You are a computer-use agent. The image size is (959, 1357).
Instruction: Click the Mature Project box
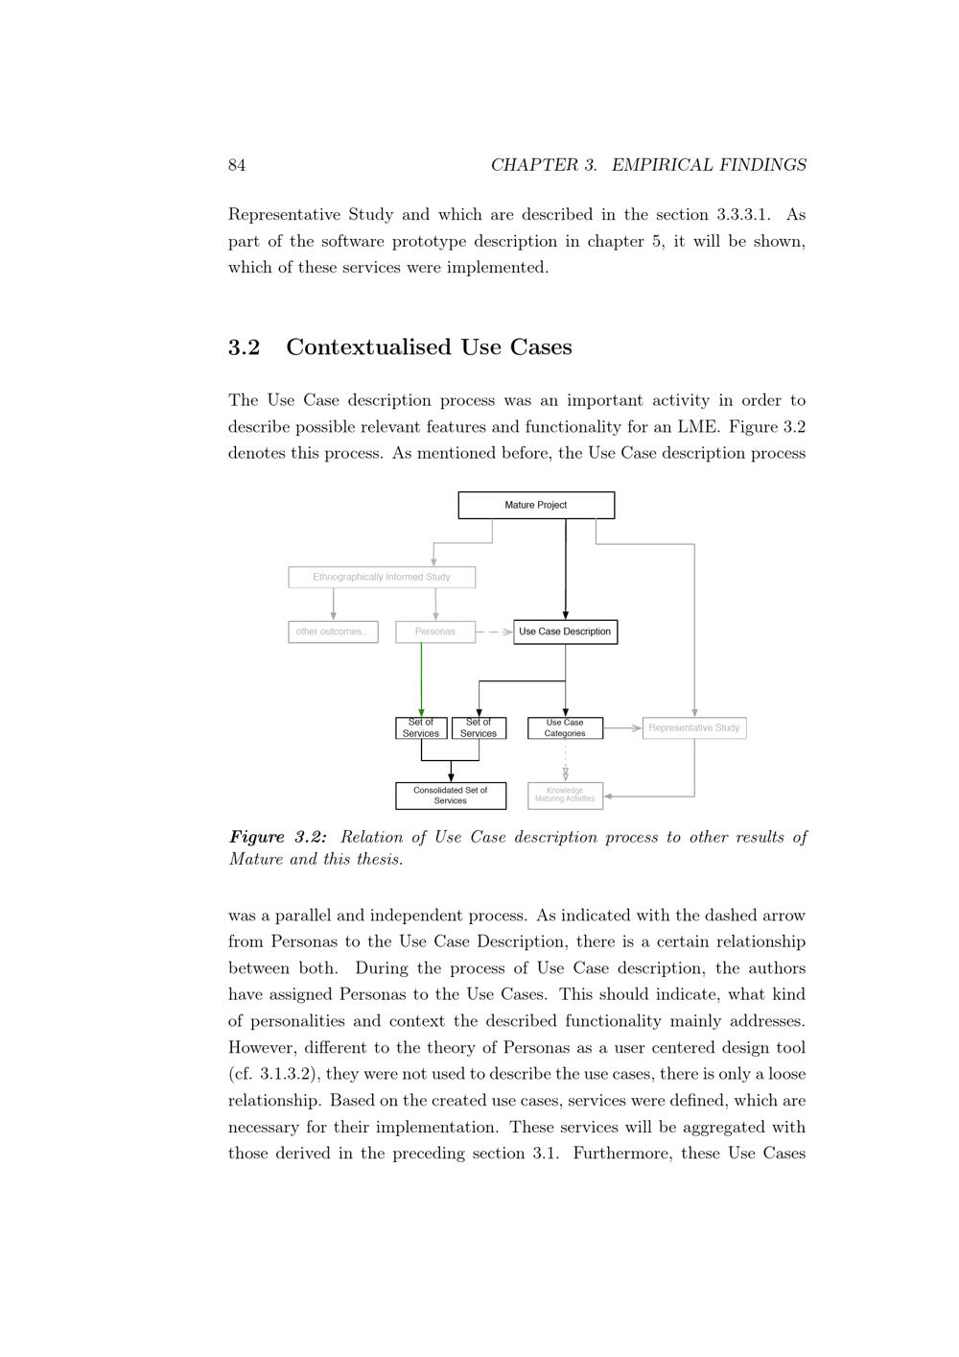[536, 505]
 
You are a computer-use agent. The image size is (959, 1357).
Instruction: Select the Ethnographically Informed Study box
[382, 577]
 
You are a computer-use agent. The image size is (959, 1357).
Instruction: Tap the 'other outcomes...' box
[333, 631]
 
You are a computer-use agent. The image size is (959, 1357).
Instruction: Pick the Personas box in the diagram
[435, 631]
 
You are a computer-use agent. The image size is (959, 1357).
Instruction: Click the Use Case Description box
[565, 631]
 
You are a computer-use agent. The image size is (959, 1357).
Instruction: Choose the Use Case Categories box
[565, 728]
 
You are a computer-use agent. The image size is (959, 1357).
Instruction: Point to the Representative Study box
[694, 727]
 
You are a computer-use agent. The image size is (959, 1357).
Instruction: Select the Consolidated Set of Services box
[451, 796]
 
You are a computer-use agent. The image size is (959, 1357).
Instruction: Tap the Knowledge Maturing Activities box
[565, 796]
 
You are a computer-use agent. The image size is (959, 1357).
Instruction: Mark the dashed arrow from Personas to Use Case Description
[494, 631]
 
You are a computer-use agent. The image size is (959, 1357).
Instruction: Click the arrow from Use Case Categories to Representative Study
[622, 727]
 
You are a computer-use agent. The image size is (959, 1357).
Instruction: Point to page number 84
[237, 165]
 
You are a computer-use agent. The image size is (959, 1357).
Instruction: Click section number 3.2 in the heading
[244, 347]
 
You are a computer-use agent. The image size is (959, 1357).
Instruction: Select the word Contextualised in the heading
[369, 347]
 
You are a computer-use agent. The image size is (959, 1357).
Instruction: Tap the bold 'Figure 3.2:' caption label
[277, 837]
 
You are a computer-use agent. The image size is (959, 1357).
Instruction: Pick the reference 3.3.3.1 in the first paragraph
[742, 215]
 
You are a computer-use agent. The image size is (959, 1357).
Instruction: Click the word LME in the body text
[697, 427]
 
